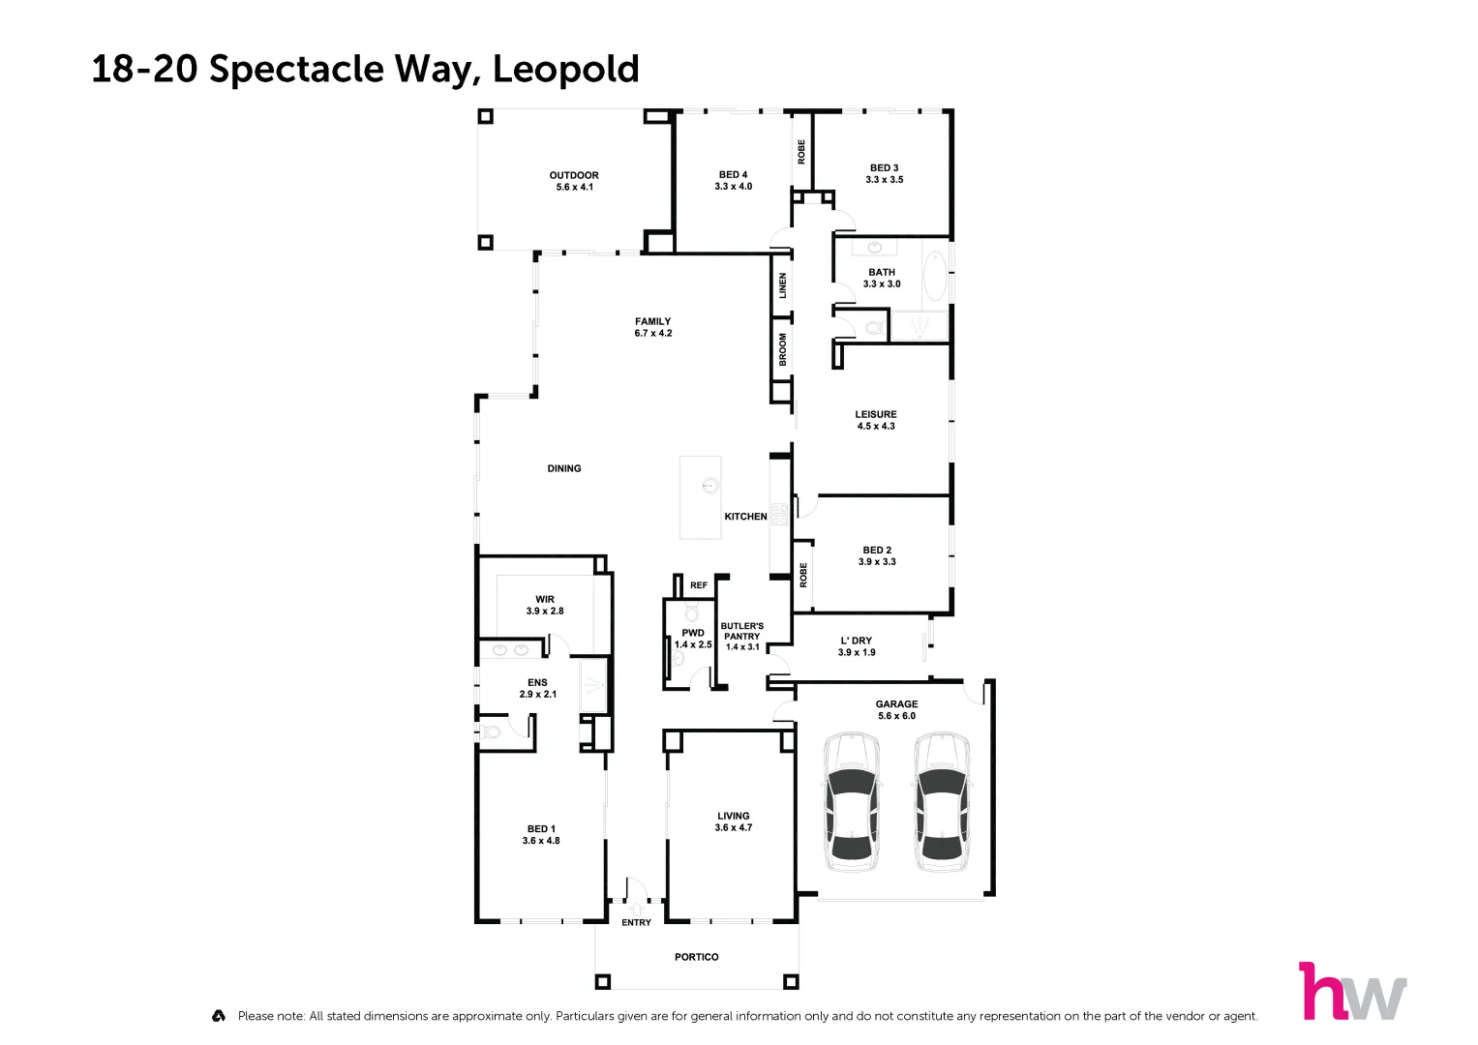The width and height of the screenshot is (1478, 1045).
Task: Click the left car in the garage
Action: pyautogui.click(x=853, y=801)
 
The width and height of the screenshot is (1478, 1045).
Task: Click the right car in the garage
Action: pyautogui.click(x=942, y=801)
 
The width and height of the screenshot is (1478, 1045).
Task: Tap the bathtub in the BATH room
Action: pyautogui.click(x=935, y=277)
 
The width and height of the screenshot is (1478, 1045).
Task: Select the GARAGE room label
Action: pyautogui.click(x=896, y=704)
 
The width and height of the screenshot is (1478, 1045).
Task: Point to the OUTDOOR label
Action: pyautogui.click(x=574, y=175)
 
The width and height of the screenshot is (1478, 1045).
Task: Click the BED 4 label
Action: pyautogui.click(x=733, y=175)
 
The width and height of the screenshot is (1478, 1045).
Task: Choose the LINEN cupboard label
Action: pyautogui.click(x=782, y=285)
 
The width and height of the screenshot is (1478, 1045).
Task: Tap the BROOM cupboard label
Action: pyautogui.click(x=782, y=349)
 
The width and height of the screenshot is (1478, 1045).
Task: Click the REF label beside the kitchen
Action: pyautogui.click(x=699, y=585)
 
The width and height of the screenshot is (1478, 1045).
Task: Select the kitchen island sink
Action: pyautogui.click(x=710, y=486)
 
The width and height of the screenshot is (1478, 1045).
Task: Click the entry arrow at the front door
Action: pyautogui.click(x=636, y=910)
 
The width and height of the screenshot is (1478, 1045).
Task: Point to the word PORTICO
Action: pyautogui.click(x=697, y=957)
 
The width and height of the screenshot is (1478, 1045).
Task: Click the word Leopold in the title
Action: pyautogui.click(x=566, y=69)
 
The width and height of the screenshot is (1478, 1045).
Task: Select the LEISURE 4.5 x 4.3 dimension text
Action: pyautogui.click(x=876, y=426)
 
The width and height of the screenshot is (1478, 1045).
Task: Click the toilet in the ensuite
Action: pyautogui.click(x=491, y=731)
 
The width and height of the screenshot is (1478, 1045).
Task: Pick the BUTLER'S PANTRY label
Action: pyautogui.click(x=742, y=631)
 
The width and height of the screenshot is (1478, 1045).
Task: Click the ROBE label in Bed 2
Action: pyautogui.click(x=803, y=576)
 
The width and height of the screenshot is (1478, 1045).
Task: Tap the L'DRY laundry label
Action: pyautogui.click(x=857, y=641)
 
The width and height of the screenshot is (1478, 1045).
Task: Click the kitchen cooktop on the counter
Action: pyautogui.click(x=780, y=514)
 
